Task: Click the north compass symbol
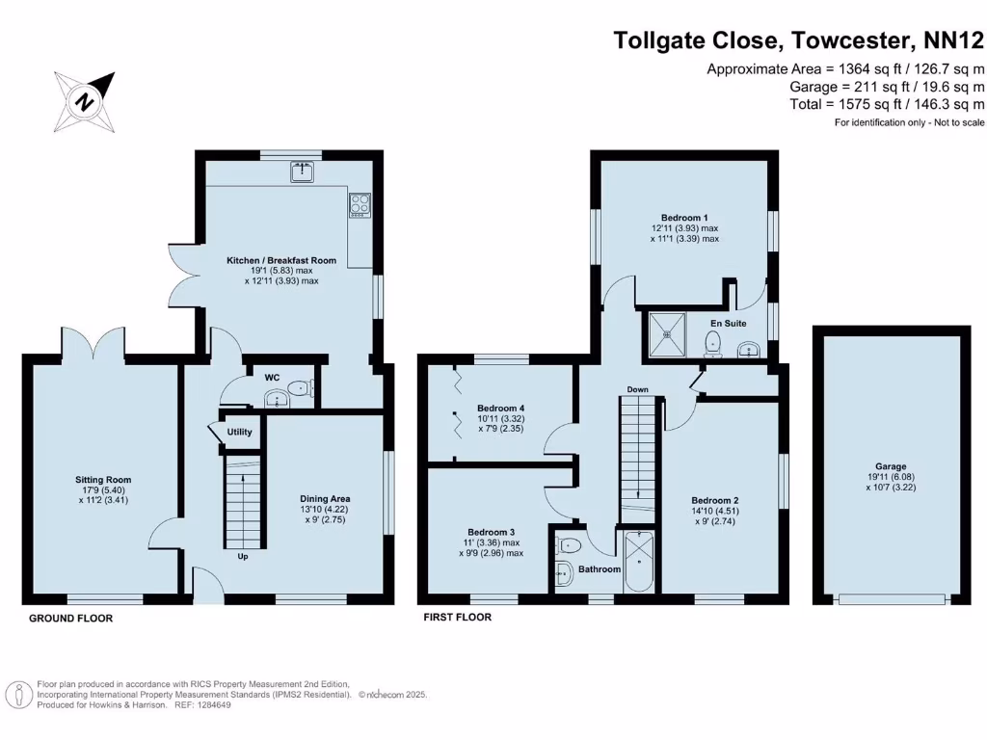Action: point(85,101)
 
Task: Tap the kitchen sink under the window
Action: point(303,172)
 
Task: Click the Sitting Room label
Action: point(104,479)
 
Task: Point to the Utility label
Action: point(239,432)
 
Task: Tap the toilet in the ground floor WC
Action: point(300,390)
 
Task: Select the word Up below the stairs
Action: point(243,556)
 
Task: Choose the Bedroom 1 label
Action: point(684,218)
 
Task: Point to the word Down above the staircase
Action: point(637,389)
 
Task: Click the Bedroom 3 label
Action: point(492,532)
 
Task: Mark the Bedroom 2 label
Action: point(715,500)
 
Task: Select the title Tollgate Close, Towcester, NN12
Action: point(799,40)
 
